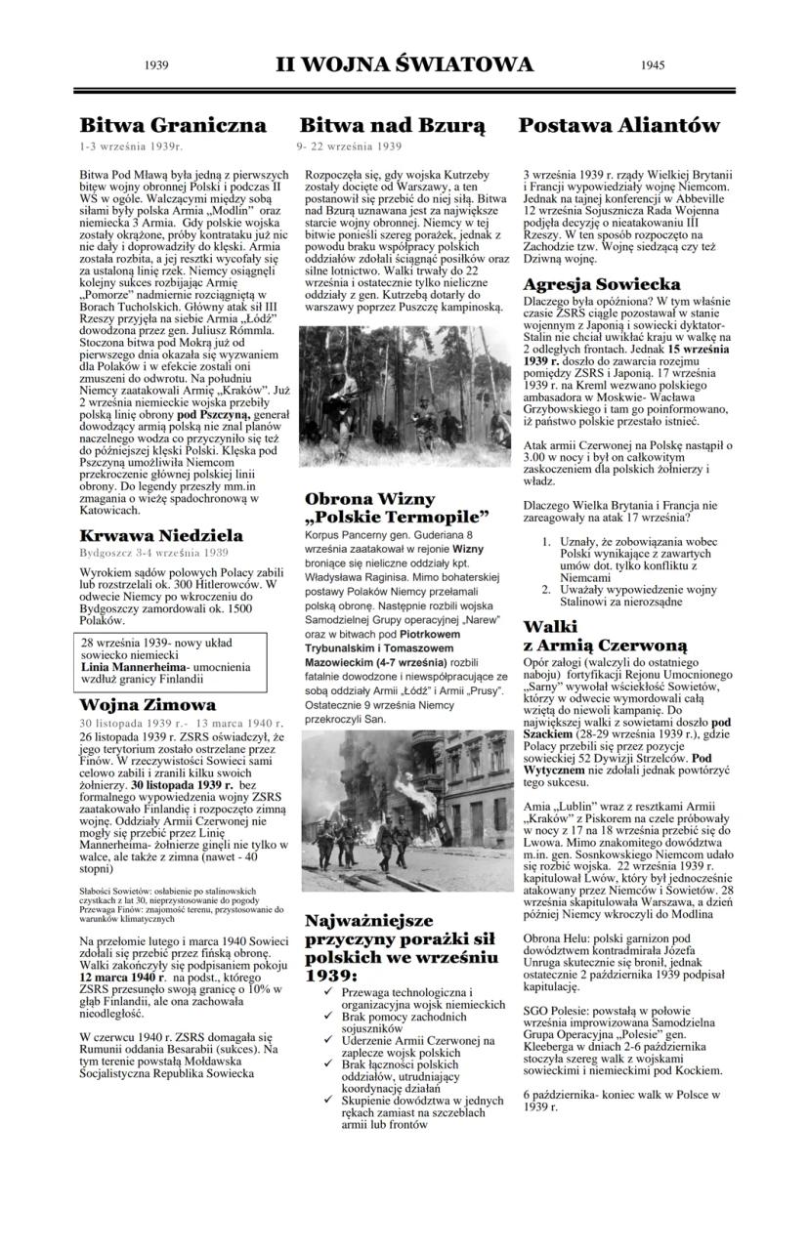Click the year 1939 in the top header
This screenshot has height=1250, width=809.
pyautogui.click(x=156, y=65)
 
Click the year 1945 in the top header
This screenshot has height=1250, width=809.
pyautogui.click(x=655, y=65)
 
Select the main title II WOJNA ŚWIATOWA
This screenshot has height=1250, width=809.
pyautogui.click(x=404, y=64)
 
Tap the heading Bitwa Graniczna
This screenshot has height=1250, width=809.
pyautogui.click(x=173, y=125)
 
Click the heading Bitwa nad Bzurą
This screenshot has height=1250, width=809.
pyautogui.click(x=392, y=125)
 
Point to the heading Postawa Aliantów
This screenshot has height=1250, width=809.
pyautogui.click(x=618, y=125)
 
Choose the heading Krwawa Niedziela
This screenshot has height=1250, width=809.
pyautogui.click(x=161, y=535)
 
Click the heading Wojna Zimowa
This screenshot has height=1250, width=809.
pyautogui.click(x=148, y=704)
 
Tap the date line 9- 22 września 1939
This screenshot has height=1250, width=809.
pyautogui.click(x=349, y=146)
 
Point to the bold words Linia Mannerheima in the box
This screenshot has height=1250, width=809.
pyautogui.click(x=135, y=666)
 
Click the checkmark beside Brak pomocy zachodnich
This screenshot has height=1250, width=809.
pyautogui.click(x=331, y=1016)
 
